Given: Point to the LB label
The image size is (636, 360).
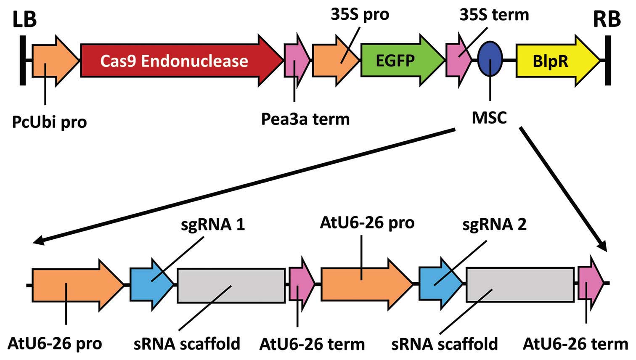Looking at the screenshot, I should pyautogui.click(x=25, y=20).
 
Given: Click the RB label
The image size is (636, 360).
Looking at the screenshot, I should pyautogui.click(x=607, y=20).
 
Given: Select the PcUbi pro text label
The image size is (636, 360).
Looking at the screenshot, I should pyautogui.click(x=50, y=122).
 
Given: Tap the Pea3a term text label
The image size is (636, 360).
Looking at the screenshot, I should pyautogui.click(x=305, y=119).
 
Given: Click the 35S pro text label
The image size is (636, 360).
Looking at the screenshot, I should pyautogui.click(x=360, y=15).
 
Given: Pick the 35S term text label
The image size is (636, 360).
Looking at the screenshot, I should pyautogui.click(x=494, y=15).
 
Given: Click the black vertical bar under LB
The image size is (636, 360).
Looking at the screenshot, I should pyautogui.click(x=23, y=61).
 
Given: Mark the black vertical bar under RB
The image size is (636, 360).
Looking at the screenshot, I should pyautogui.click(x=608, y=61).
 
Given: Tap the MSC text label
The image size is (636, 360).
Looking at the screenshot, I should pyautogui.click(x=489, y=118).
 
